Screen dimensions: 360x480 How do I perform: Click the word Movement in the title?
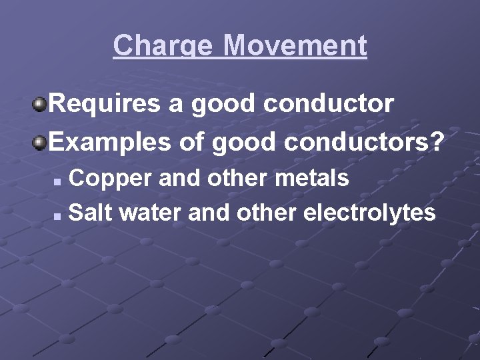point(295,46)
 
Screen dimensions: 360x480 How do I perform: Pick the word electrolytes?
point(369,213)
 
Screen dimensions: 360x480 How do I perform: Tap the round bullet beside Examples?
point(40,141)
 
